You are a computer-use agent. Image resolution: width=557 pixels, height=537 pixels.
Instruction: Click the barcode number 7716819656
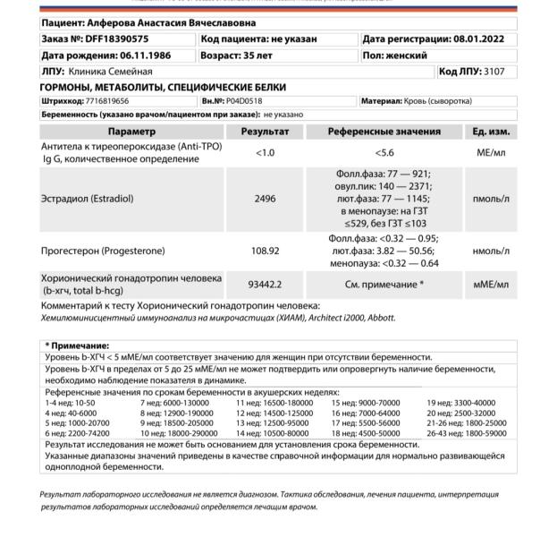[103, 101]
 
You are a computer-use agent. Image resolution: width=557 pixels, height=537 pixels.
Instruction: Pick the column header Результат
[264, 132]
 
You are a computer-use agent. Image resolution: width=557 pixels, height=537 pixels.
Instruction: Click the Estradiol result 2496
[265, 199]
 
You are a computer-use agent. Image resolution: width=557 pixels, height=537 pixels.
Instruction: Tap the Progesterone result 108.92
[265, 251]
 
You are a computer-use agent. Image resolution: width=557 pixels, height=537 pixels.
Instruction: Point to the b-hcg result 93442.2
[265, 285]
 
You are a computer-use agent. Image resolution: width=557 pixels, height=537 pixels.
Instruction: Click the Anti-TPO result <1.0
[265, 152]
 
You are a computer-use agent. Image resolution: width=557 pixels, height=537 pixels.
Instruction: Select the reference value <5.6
[384, 152]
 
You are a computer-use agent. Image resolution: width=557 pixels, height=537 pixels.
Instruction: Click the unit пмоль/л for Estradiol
[491, 199]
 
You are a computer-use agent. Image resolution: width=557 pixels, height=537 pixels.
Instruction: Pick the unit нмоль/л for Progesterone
[491, 251]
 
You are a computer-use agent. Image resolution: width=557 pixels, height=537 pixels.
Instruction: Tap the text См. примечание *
[384, 285]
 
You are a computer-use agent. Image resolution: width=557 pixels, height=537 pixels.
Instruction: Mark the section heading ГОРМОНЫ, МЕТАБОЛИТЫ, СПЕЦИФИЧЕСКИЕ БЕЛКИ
[164, 88]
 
